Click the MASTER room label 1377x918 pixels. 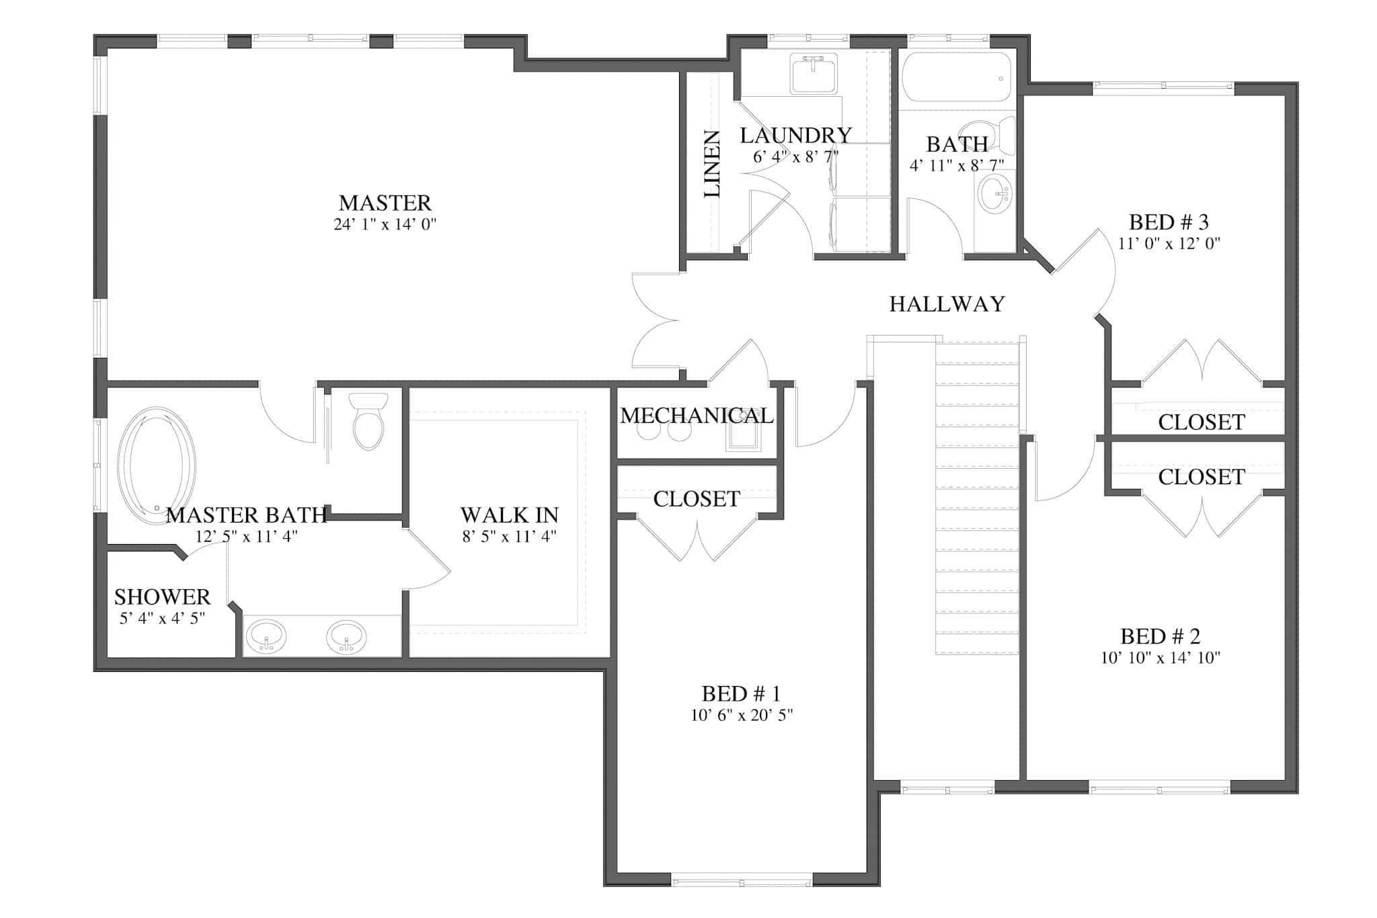385,202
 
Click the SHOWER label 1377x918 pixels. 162,597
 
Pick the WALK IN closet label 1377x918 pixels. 509,515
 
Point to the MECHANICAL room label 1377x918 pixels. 696,416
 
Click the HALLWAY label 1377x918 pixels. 947,304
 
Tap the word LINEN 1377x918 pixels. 713,164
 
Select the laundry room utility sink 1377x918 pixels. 814,73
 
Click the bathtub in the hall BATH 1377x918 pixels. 955,77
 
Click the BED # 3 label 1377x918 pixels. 1169,221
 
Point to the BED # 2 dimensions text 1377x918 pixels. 1160,658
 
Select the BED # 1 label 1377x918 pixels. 741,693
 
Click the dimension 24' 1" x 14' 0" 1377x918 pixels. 385,224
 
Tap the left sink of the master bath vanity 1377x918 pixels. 266,635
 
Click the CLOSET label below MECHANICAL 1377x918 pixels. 696,498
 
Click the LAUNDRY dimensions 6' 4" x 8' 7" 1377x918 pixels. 795,157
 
